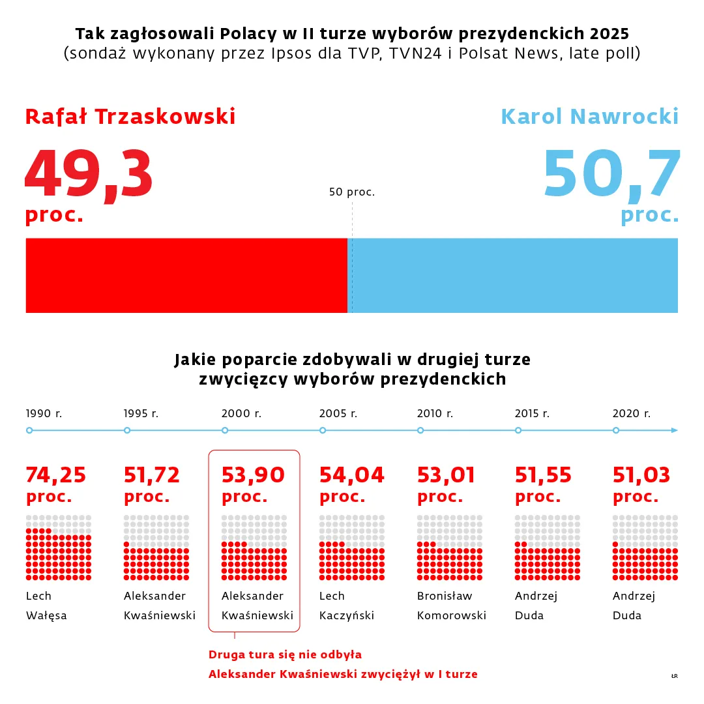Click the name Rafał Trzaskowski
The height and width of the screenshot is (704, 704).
click(x=130, y=117)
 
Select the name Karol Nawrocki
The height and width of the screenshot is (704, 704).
click(x=589, y=117)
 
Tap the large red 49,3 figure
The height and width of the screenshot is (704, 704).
click(x=89, y=175)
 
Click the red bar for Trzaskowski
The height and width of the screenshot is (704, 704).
click(x=186, y=275)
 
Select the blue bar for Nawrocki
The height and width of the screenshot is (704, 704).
click(x=515, y=275)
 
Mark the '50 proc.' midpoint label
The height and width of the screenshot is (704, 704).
click(x=352, y=192)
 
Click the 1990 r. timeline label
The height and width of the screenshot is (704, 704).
click(x=44, y=413)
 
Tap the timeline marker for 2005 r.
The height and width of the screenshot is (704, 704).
click(x=323, y=430)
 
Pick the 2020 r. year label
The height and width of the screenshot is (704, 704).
click(x=632, y=413)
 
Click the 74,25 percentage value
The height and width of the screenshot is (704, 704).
click(x=56, y=475)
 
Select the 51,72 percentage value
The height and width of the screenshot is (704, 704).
click(x=152, y=475)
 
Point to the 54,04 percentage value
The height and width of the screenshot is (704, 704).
click(x=352, y=475)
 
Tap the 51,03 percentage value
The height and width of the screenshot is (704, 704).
click(x=641, y=475)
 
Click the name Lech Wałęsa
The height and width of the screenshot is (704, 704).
click(x=46, y=606)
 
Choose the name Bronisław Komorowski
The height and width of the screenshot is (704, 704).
click(x=452, y=606)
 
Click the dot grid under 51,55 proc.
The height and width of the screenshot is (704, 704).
click(x=548, y=548)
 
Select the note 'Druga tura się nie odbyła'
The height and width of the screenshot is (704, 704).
click(x=285, y=654)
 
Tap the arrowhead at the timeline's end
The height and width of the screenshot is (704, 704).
click(x=674, y=430)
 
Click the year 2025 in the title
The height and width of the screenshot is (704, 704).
click(x=611, y=33)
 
